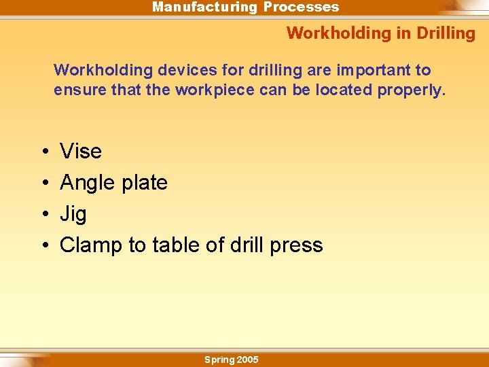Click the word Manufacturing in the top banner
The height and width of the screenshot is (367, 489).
[x=204, y=7]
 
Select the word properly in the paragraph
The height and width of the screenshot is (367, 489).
[x=413, y=90]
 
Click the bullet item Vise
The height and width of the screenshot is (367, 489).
[x=81, y=151]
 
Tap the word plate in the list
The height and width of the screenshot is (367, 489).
[x=143, y=183]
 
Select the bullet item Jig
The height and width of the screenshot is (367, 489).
[x=73, y=214]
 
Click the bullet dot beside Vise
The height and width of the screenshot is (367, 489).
[x=43, y=152]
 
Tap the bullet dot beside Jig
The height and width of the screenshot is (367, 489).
[x=43, y=215]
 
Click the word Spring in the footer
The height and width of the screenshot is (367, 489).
[x=219, y=360]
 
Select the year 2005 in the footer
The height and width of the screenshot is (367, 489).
[x=247, y=360]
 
